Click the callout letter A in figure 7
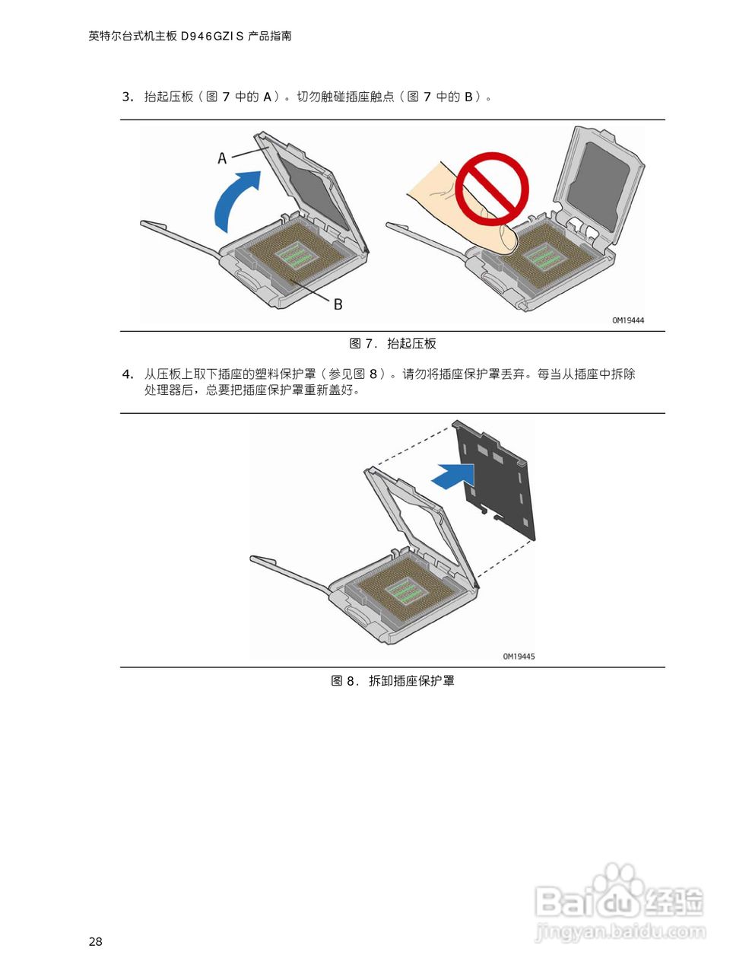tap(222, 158)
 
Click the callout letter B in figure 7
tap(338, 304)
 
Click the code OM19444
tap(627, 320)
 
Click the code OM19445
tap(519, 656)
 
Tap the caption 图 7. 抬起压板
tap(392, 344)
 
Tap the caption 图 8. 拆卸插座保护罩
tap(392, 681)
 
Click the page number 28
tap(95, 942)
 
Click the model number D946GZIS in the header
tap(212, 36)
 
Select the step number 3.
tap(127, 97)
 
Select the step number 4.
tap(127, 374)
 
